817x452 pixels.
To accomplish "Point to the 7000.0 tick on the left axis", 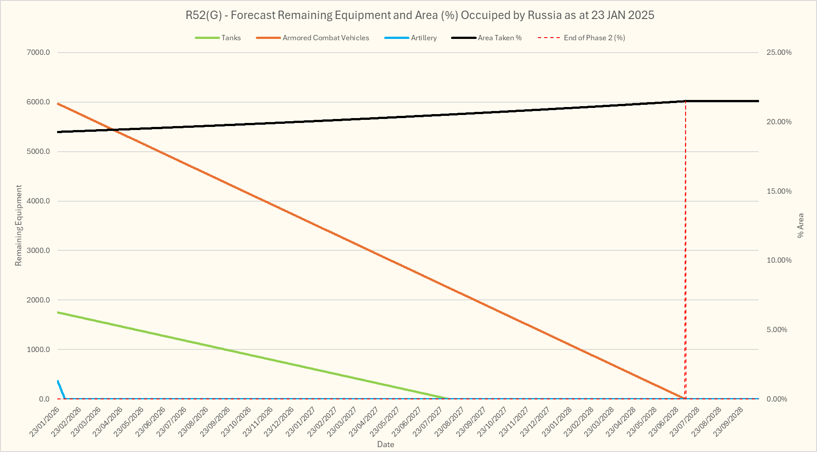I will click(x=39, y=53).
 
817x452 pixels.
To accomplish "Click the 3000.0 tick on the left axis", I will click(x=39, y=251).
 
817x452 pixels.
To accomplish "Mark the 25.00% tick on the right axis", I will click(x=779, y=53).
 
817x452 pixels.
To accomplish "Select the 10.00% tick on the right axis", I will click(x=779, y=260).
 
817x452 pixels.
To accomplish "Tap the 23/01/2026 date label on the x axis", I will click(x=44, y=422).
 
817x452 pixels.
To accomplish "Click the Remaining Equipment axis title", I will click(x=19, y=226).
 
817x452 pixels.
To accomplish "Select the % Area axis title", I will click(x=800, y=226).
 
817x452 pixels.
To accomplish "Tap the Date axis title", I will click(x=385, y=444).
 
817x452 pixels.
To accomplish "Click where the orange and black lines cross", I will click(x=114, y=130).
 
